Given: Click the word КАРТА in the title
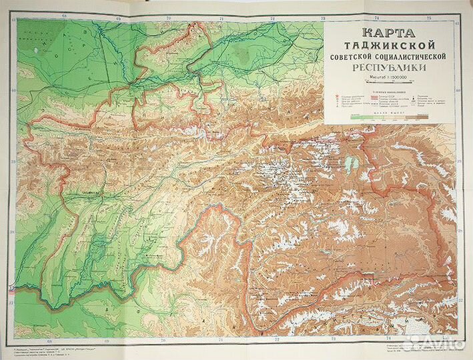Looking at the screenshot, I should [390, 32].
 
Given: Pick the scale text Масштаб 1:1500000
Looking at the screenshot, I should [390, 80].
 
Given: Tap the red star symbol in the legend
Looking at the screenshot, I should [333, 95].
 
